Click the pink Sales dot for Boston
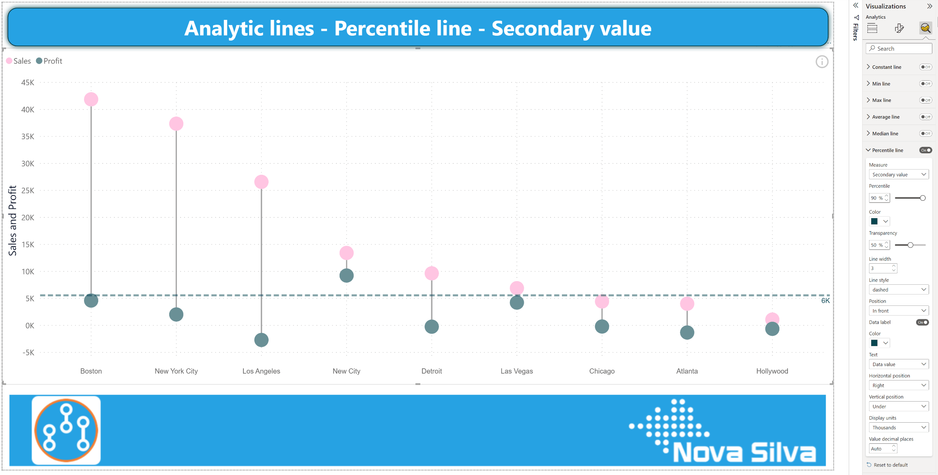91,99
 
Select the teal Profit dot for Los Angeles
261,340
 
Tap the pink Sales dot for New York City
176,124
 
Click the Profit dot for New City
346,276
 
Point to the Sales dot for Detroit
432,273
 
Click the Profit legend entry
49,61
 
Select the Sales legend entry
19,61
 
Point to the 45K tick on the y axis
28,83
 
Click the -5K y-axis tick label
28,352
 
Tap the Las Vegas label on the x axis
516,371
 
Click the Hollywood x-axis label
772,371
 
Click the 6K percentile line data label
825,301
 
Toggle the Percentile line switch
925,150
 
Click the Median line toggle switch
925,133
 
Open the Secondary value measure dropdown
899,174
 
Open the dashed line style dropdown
899,290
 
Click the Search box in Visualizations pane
899,49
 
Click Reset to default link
890,465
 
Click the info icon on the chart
822,62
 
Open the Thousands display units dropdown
899,428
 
